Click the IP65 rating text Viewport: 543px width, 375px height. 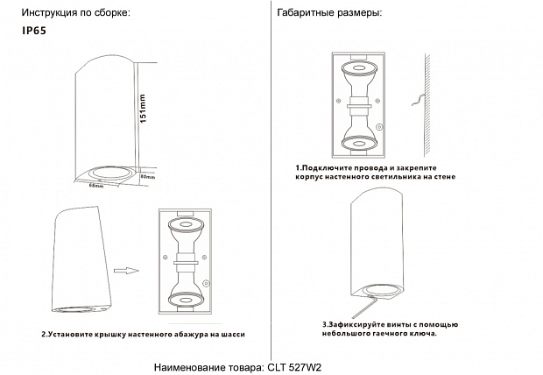tap(33, 29)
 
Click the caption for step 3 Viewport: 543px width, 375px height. tap(378, 329)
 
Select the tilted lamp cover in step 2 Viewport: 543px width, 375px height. tap(83, 263)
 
